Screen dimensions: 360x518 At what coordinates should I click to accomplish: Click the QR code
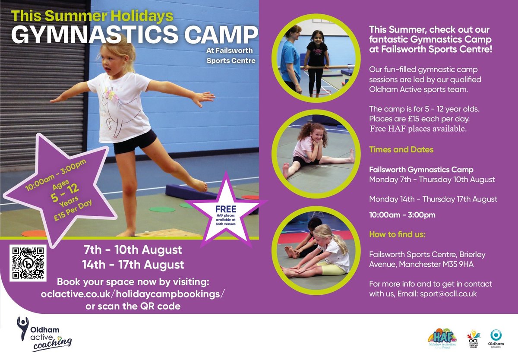(x=28, y=263)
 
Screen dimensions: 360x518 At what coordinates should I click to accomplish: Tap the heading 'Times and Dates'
(x=401, y=150)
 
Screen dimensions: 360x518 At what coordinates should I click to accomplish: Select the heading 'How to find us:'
(x=397, y=234)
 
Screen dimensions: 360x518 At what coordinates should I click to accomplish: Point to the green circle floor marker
(x=162, y=209)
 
